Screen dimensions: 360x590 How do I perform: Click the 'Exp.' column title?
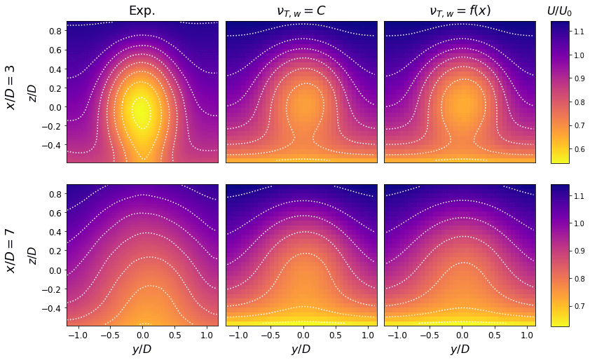point(142,11)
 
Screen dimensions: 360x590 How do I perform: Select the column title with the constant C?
point(301,11)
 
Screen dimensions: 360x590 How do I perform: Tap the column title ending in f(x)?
point(460,11)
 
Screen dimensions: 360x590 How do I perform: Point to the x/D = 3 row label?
point(11,88)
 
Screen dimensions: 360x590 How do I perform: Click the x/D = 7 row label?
point(11,250)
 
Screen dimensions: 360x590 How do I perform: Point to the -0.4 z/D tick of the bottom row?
point(53,308)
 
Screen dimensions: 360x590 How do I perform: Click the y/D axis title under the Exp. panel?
point(142,349)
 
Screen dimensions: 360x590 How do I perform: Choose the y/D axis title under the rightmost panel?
point(460,349)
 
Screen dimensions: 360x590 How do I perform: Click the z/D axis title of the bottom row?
point(31,255)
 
